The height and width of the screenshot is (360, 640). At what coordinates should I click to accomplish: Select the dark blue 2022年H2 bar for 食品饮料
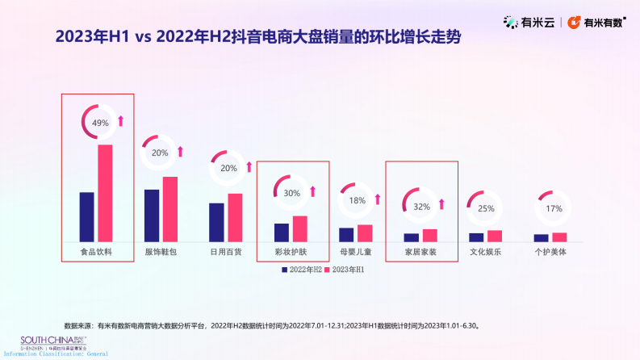tap(86, 216)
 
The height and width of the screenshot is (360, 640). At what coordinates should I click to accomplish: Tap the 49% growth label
tap(100, 123)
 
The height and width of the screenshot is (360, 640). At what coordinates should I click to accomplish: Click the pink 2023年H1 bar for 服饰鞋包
tap(169, 209)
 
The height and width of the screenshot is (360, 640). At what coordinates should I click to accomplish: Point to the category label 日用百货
tap(226, 252)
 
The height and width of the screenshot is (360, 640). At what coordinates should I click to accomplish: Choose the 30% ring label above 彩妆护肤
tap(291, 193)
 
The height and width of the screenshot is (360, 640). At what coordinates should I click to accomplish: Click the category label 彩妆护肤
tap(291, 252)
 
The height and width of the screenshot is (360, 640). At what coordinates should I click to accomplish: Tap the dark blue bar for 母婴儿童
tap(346, 234)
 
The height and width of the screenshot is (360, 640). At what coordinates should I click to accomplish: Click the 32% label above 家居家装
tap(421, 206)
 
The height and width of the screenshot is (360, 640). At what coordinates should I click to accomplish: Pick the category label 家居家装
tap(420, 252)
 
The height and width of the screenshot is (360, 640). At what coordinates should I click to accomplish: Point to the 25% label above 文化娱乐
tap(486, 208)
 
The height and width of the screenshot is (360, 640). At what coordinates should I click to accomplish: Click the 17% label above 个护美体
tap(554, 208)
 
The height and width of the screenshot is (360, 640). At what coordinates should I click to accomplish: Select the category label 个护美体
tap(550, 252)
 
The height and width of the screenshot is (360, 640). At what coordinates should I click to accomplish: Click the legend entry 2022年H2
tap(302, 269)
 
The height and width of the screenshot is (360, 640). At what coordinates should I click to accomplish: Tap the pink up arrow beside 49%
tap(121, 121)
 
